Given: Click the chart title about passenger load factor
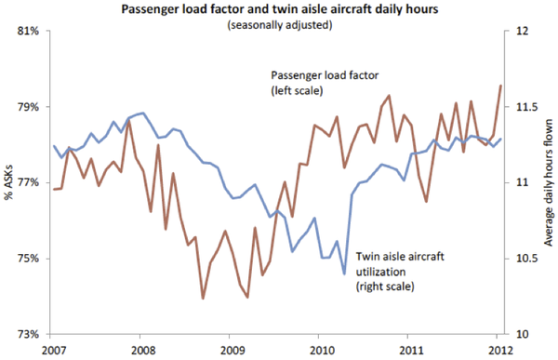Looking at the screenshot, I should (x=278, y=9).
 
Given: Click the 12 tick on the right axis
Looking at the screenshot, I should (x=522, y=31).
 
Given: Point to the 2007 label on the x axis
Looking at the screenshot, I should (x=53, y=350).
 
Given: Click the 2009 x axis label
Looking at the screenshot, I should (x=232, y=350).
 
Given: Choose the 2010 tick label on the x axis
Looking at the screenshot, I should (x=323, y=350).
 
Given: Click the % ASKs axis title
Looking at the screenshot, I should (x=8, y=182).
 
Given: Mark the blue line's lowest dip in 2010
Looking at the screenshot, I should (x=344, y=274).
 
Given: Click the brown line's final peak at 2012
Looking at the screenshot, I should (x=501, y=86).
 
